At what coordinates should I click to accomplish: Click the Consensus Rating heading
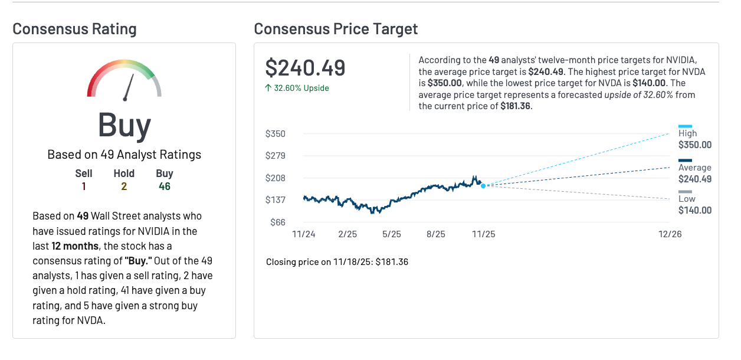point(74,29)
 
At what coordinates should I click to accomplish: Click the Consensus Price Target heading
point(336,29)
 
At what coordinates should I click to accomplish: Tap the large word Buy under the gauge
point(124,125)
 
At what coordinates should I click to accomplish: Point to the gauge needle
point(127,89)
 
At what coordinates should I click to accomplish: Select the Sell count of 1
point(84,186)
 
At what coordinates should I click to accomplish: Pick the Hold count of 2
point(124,186)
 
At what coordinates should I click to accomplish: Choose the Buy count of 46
point(165,186)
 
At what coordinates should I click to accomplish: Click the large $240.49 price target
point(305,68)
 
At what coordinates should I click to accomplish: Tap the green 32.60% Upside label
point(297,88)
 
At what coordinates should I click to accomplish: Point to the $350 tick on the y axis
point(276,133)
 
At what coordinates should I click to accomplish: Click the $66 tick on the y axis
point(278,222)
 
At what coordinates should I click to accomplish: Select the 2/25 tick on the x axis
point(348,234)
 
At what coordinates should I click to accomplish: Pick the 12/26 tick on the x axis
point(670,234)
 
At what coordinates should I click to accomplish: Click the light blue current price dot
point(483,186)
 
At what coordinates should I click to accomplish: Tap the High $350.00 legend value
point(694,145)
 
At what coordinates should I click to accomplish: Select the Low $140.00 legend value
point(694,210)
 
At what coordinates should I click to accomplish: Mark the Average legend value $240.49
point(694,179)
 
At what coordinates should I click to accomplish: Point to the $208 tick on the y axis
point(276,178)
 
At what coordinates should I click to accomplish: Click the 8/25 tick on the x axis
point(436,234)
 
